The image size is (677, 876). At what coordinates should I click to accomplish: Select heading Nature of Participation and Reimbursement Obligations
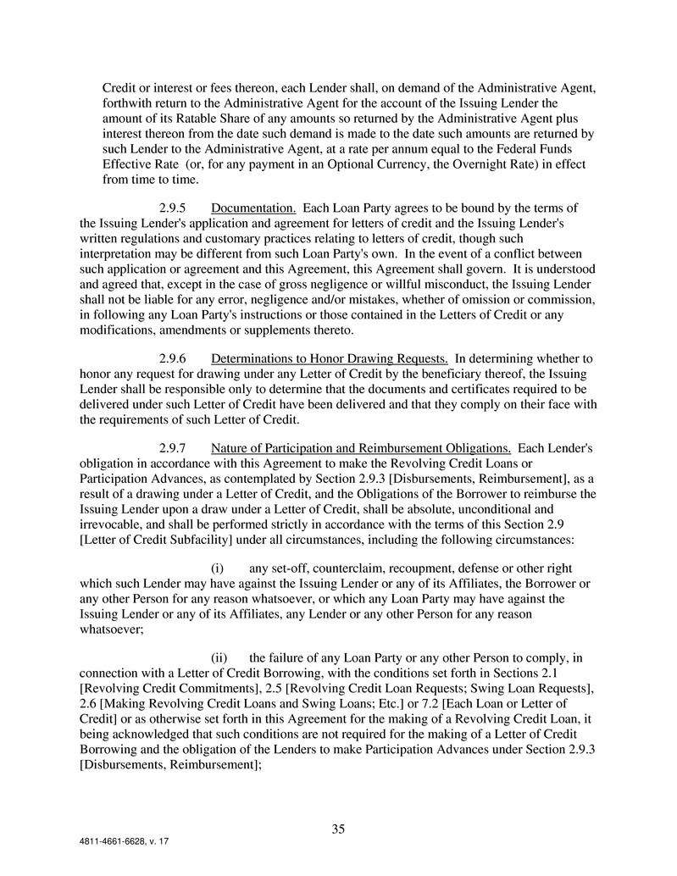pos(361,447)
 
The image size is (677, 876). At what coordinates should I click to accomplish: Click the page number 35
pos(338,829)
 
